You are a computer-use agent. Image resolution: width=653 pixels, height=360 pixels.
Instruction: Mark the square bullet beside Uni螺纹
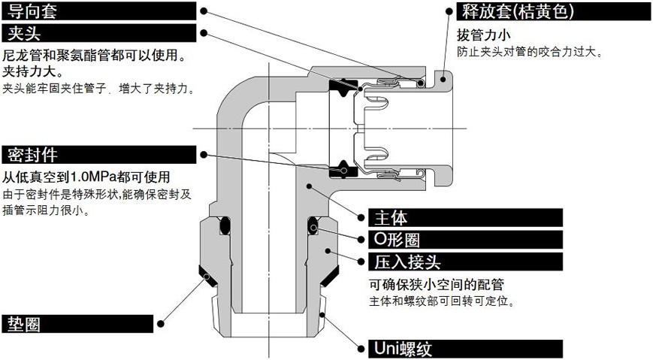coord(361,349)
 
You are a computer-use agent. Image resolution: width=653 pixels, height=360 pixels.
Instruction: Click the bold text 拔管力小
coord(482,35)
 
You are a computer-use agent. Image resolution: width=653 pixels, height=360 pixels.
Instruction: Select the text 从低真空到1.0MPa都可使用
coord(86,177)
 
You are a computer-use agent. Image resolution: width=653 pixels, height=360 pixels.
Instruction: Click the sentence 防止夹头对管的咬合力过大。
coord(529,52)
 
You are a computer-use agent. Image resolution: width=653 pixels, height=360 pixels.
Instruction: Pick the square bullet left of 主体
coord(361,218)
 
